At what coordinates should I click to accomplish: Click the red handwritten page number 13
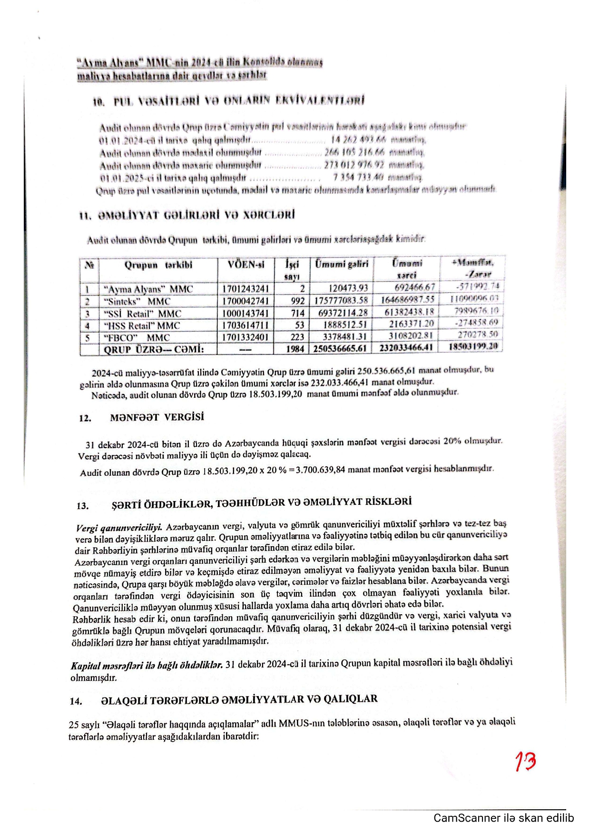(x=525, y=762)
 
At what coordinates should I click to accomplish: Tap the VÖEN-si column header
(x=246, y=265)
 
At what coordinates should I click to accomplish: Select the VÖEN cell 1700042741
(x=245, y=301)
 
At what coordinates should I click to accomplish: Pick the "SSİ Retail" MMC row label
(x=142, y=314)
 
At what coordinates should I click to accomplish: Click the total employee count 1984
(x=295, y=349)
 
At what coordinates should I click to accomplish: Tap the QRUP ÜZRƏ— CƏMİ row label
(x=154, y=349)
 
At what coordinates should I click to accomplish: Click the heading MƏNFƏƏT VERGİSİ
(x=157, y=417)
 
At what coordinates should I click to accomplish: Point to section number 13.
(x=82, y=506)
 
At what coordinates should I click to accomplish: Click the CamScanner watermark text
(x=503, y=818)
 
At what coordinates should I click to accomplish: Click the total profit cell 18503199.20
(x=473, y=346)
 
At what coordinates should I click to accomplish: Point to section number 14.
(x=76, y=701)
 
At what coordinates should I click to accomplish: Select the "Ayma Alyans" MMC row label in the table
(x=148, y=289)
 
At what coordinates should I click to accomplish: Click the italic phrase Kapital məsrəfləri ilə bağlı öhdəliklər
(x=147, y=665)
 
